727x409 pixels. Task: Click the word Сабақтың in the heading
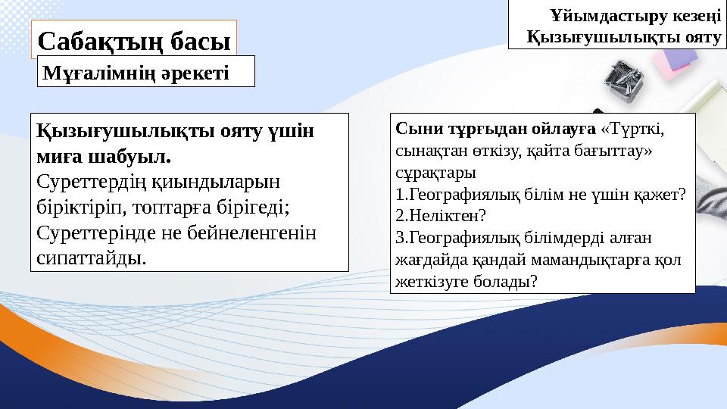pyautogui.click(x=92, y=39)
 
